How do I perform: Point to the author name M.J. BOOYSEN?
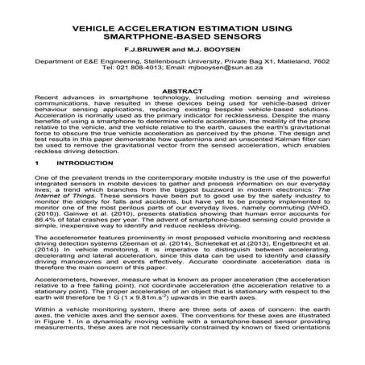pos(212,52)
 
